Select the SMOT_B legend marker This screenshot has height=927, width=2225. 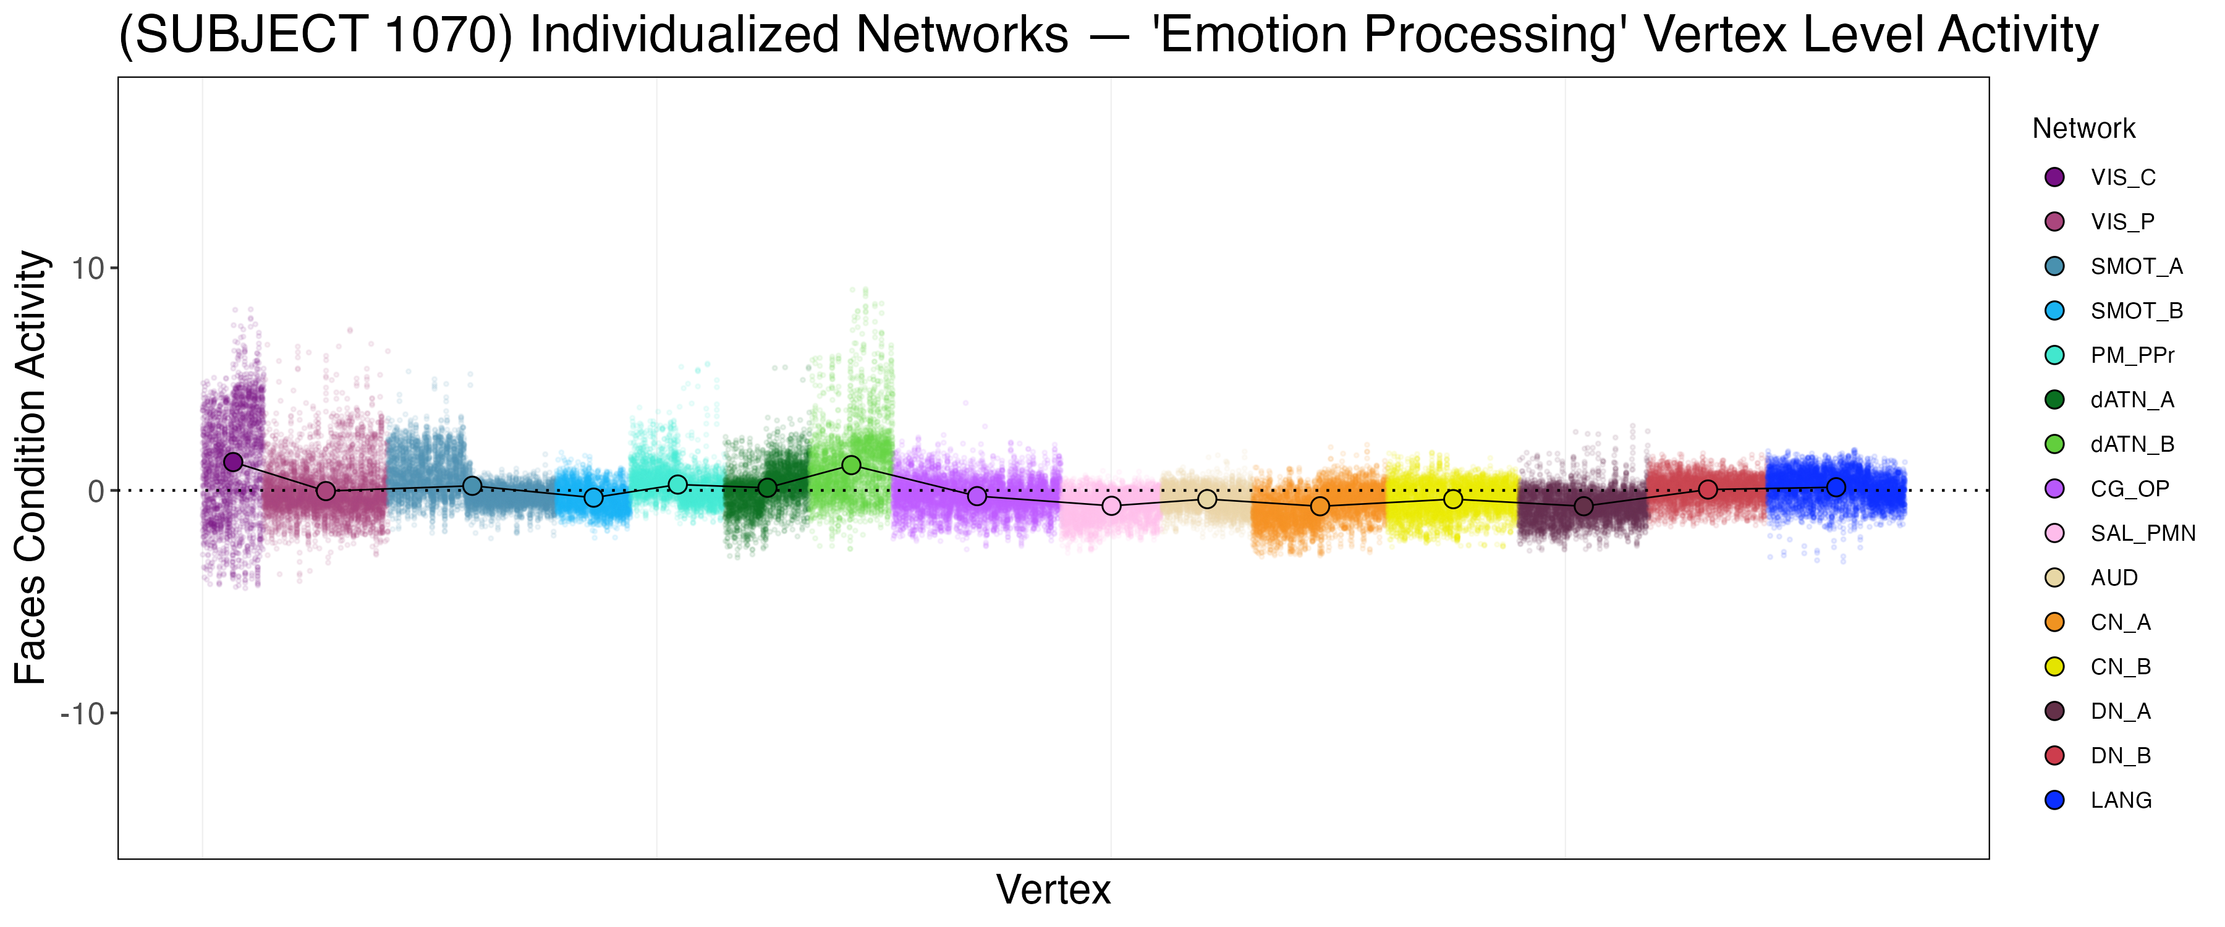pos(2055,311)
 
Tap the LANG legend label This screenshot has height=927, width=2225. pos(2121,801)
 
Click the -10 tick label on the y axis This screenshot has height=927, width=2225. pos(82,714)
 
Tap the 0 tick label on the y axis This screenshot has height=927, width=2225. pos(96,491)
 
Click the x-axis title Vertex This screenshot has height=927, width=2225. pos(1053,890)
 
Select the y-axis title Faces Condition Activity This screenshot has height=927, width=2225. pos(31,467)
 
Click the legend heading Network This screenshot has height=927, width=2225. pos(2083,129)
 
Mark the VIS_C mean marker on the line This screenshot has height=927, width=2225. pos(233,462)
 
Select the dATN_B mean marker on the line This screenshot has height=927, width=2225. pos(851,465)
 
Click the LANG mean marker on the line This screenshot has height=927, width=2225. pos(1836,487)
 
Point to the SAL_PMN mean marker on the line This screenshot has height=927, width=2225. pos(1112,506)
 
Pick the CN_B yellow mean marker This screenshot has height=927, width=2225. pos(1454,499)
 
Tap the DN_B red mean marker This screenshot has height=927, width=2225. pos(1708,490)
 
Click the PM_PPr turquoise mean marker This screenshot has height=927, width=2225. pos(678,485)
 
